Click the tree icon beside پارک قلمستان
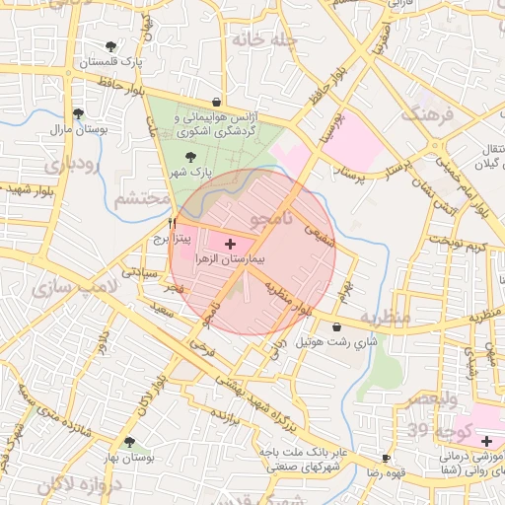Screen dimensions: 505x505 (x=110, y=46)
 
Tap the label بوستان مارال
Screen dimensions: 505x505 (x=77, y=129)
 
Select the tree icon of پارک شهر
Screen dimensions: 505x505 (x=190, y=157)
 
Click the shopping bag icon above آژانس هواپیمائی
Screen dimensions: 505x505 (x=216, y=101)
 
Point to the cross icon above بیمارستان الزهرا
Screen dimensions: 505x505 (x=231, y=243)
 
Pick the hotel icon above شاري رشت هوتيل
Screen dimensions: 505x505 (x=337, y=327)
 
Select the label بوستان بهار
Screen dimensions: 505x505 (x=129, y=459)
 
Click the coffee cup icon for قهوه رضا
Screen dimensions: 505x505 (x=386, y=459)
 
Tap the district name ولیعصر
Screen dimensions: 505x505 (x=430, y=400)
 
